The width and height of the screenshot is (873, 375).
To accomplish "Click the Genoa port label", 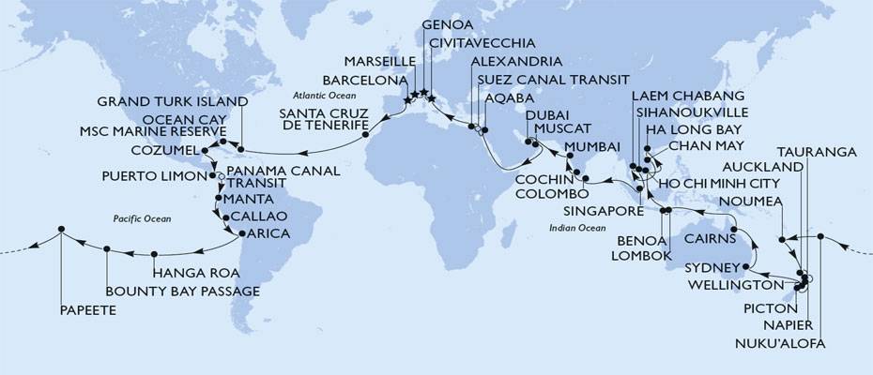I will click(448, 23).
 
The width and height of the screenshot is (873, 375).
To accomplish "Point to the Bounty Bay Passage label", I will click(182, 291).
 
